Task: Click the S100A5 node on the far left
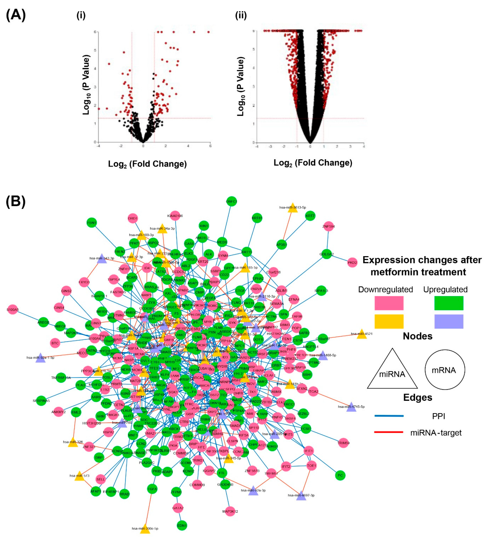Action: point(13,310)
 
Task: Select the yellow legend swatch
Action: point(389,322)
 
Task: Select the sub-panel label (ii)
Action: point(241,16)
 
